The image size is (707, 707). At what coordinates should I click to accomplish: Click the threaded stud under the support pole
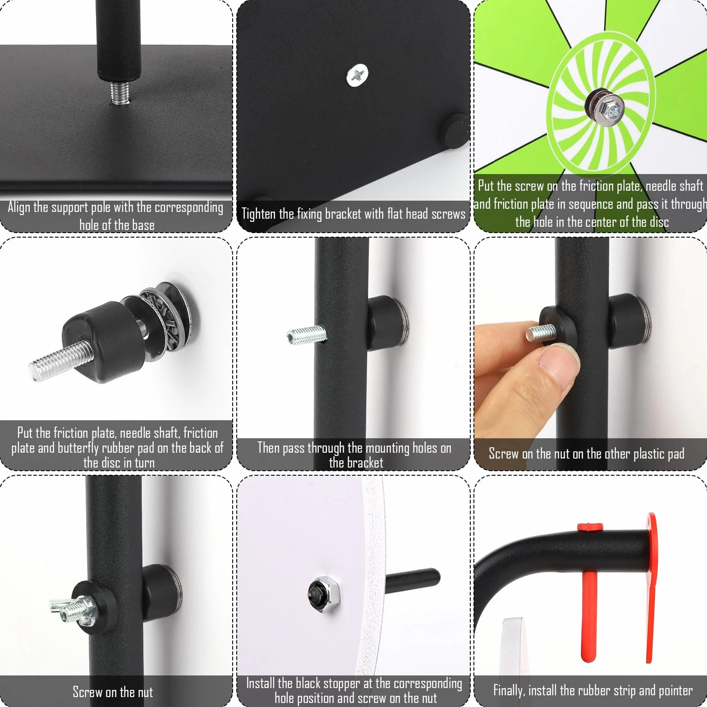point(120,93)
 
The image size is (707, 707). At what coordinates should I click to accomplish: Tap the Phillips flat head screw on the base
point(357,75)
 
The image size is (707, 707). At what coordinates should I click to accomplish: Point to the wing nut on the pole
point(72,611)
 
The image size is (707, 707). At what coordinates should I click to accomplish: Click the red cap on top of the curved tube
point(590,527)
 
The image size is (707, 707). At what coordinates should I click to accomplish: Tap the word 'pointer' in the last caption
point(675,690)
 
